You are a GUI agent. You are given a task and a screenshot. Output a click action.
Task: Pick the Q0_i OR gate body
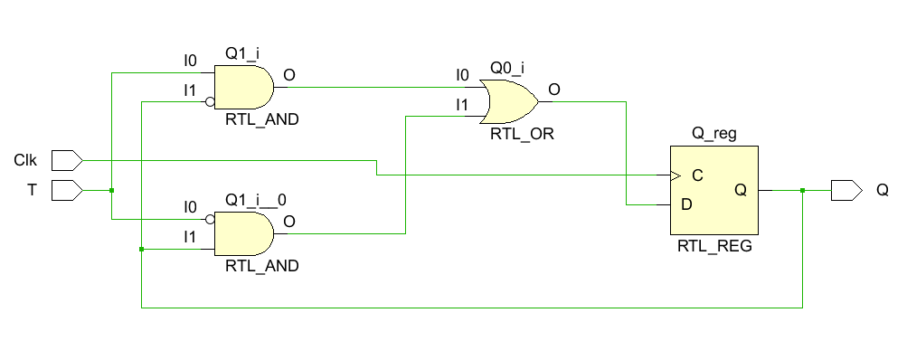[509, 101]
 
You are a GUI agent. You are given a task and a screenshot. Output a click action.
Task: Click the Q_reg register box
[713, 191]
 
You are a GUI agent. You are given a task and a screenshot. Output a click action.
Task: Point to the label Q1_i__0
[255, 199]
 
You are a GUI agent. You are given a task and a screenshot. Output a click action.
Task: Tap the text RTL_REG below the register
[714, 245]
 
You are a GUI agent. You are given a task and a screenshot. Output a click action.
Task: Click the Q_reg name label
[713, 134]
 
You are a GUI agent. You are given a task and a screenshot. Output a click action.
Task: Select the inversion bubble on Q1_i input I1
[210, 101]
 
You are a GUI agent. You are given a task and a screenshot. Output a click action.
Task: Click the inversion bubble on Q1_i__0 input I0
[210, 219]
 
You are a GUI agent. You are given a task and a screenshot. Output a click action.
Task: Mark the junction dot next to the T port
[110, 190]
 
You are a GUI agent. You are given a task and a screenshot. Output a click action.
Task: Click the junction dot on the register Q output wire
[802, 190]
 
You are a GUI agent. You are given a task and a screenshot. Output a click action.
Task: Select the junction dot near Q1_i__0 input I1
[141, 248]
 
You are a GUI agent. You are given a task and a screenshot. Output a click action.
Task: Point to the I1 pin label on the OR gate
[462, 105]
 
